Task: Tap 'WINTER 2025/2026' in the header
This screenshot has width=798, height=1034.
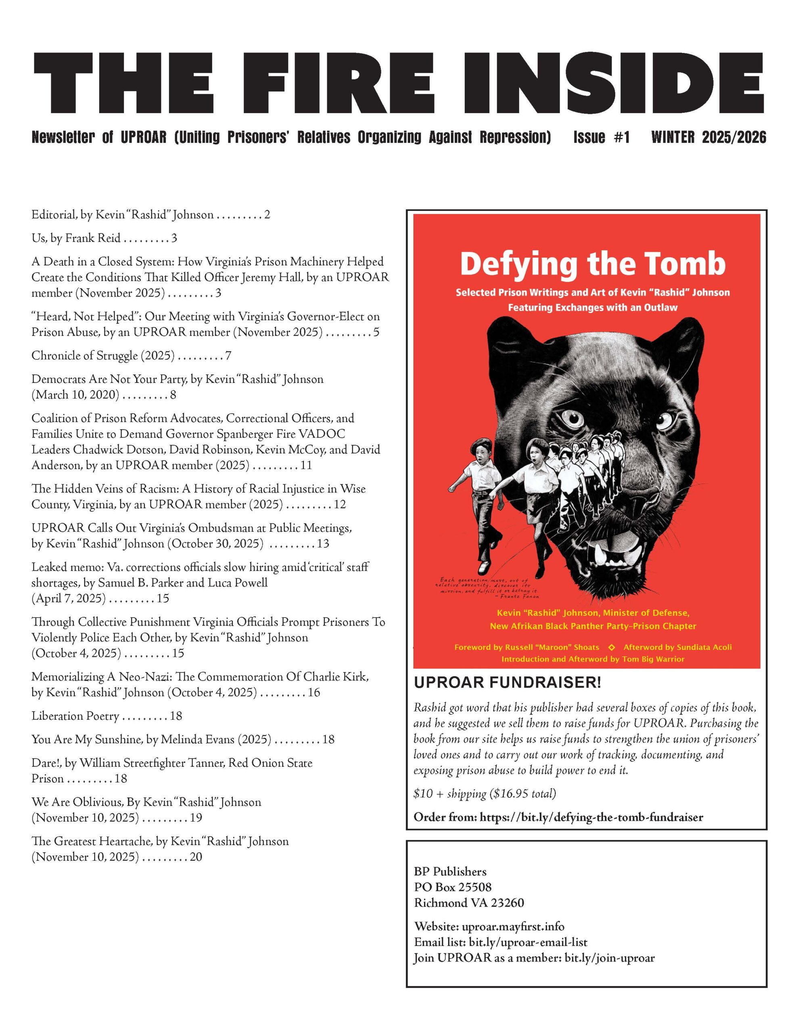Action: pyautogui.click(x=708, y=137)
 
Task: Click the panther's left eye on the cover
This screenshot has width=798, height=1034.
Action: pyautogui.click(x=572, y=418)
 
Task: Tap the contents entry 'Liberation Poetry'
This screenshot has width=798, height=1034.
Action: pyautogui.click(x=75, y=715)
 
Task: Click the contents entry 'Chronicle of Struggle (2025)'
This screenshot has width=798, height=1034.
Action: pyautogui.click(x=103, y=355)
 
